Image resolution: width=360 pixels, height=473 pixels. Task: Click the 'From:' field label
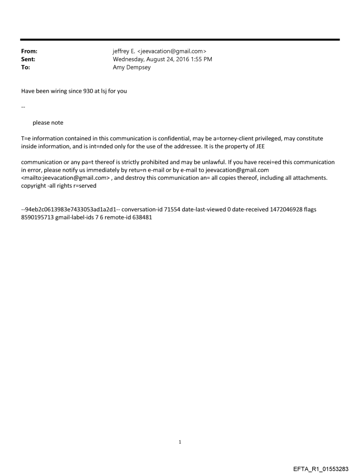pyautogui.click(x=29, y=52)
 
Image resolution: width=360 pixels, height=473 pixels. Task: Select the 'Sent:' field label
pyautogui.click(x=28, y=60)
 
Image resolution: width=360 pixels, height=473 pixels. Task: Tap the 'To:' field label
pyautogui.click(x=26, y=67)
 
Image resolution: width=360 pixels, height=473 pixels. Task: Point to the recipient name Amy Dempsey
pyautogui.click(x=132, y=67)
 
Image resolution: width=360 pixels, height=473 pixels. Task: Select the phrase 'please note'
pyautogui.click(x=48, y=123)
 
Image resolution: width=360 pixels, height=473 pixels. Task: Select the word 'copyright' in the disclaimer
pyautogui.click(x=34, y=186)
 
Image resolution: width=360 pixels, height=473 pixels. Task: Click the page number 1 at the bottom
pyautogui.click(x=180, y=442)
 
